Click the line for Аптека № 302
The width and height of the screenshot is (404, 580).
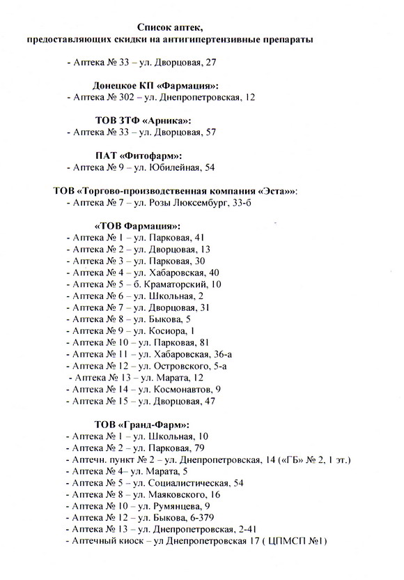click(x=160, y=97)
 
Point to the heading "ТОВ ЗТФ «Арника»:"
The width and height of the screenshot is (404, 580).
click(x=141, y=120)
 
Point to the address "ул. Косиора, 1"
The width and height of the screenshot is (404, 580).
click(x=160, y=331)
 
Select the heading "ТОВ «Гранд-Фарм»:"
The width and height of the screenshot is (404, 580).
click(x=141, y=425)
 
